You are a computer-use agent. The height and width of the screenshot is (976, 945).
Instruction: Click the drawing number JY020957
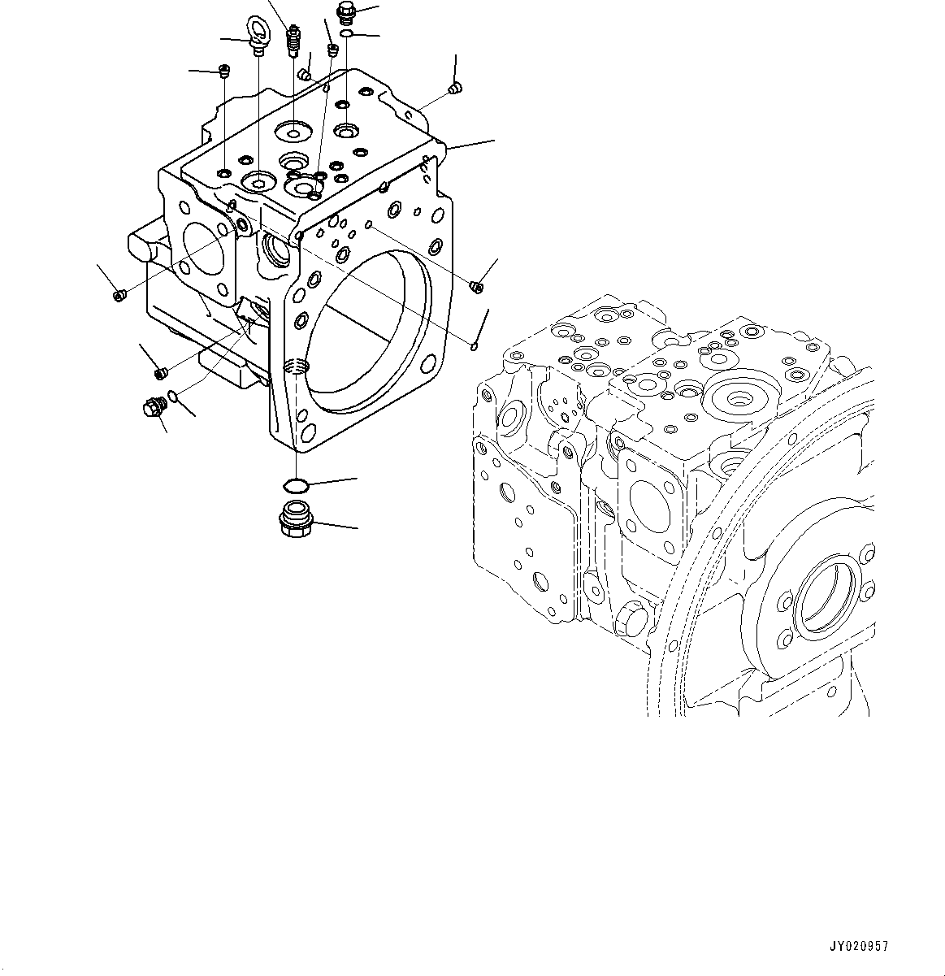pyautogui.click(x=858, y=947)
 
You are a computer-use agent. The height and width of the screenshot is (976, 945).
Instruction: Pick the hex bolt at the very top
pyautogui.click(x=345, y=12)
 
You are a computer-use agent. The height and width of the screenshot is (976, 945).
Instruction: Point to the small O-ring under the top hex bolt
pyautogui.click(x=347, y=33)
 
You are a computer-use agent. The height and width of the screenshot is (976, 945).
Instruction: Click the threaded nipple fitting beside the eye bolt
pyautogui.click(x=293, y=41)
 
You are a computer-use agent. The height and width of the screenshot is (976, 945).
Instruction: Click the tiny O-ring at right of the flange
pyautogui.click(x=474, y=347)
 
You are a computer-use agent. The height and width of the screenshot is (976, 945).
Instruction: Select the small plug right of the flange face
pyautogui.click(x=477, y=285)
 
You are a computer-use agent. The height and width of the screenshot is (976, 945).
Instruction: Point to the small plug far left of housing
pyautogui.click(x=119, y=294)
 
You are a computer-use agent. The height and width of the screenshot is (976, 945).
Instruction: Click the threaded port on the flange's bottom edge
pyautogui.click(x=298, y=367)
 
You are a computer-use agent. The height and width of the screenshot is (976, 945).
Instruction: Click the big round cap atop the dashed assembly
pyautogui.click(x=741, y=397)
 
